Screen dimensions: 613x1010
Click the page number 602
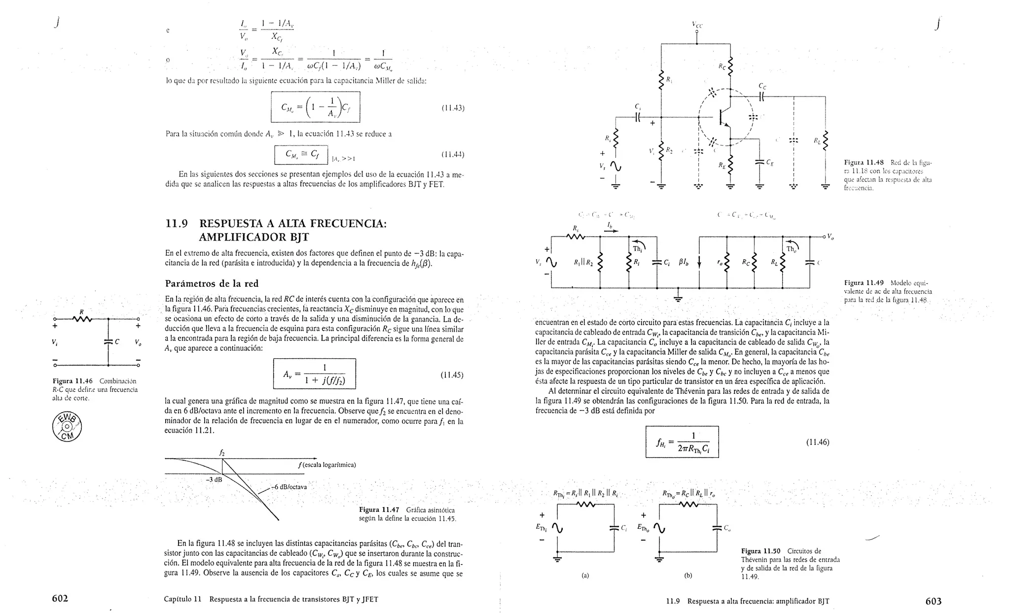point(60,599)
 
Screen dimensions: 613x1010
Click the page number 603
point(933,601)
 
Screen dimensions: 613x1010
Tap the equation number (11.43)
point(453,108)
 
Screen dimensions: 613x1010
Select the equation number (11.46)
point(817,442)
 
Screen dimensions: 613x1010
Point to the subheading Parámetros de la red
point(212,283)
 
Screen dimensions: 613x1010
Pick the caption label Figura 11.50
point(761,551)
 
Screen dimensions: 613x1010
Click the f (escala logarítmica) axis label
point(327,465)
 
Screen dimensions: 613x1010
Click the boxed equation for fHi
point(682,442)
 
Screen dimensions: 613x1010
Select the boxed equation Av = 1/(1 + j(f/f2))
point(314,374)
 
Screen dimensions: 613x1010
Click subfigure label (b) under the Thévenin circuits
point(688,575)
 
